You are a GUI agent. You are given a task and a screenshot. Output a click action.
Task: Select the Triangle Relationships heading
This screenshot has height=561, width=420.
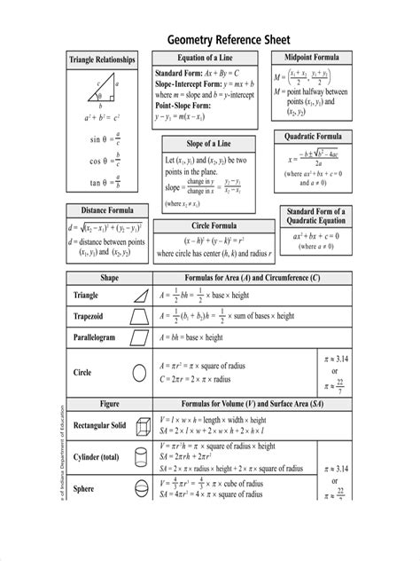(103, 59)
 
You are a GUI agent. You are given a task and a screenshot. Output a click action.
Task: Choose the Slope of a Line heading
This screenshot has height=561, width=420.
(209, 144)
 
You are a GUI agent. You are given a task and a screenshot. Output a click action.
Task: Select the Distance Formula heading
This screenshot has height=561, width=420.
(103, 210)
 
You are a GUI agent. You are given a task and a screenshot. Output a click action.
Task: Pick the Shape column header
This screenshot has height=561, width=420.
(109, 278)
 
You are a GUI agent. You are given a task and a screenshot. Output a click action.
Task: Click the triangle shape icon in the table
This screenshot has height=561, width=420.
(139, 296)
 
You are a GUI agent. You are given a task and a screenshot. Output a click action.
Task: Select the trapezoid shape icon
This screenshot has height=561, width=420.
(139, 315)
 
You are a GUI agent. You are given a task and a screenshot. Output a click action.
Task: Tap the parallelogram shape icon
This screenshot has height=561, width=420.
(139, 337)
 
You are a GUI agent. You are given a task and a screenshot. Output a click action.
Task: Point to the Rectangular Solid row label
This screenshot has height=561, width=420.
(99, 425)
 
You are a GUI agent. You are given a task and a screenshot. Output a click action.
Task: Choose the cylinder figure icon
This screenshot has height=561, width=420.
(139, 457)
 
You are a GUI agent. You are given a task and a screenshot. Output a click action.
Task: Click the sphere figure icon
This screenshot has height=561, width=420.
(139, 489)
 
